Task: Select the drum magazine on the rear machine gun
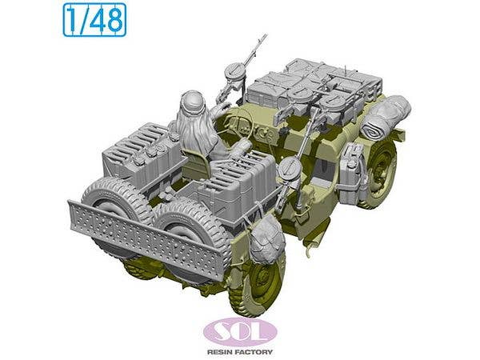(289, 169)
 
